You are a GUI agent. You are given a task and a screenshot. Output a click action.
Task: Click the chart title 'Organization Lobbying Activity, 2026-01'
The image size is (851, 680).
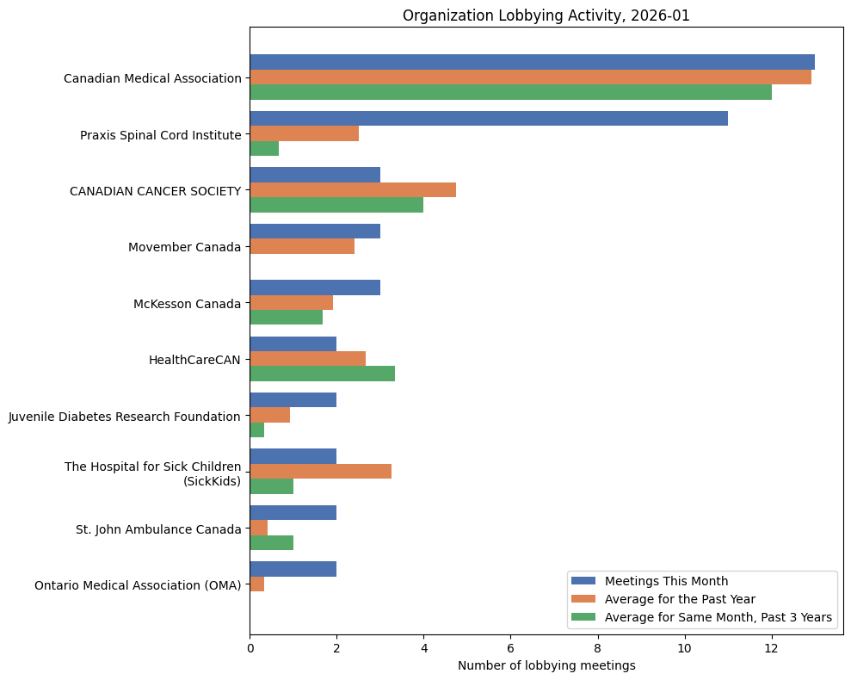pyautogui.click(x=546, y=15)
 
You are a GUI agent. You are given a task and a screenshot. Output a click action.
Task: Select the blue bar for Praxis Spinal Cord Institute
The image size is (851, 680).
pyautogui.click(x=489, y=119)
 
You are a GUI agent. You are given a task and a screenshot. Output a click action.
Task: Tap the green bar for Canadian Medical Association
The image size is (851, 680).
pyautogui.click(x=510, y=92)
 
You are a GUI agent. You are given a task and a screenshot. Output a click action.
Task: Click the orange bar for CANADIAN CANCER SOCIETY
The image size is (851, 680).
pyautogui.click(x=353, y=190)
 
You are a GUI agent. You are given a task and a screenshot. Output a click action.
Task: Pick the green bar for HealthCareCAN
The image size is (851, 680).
pyautogui.click(x=322, y=374)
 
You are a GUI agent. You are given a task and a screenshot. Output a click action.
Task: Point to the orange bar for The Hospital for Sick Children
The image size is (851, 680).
pyautogui.click(x=320, y=471)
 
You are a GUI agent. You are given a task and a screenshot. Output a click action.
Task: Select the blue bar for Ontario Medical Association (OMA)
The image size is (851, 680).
pyautogui.click(x=293, y=569)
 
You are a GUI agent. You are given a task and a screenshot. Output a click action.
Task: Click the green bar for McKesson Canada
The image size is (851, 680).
pyautogui.click(x=286, y=317)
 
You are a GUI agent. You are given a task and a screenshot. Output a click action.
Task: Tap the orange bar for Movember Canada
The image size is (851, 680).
pyautogui.click(x=302, y=246)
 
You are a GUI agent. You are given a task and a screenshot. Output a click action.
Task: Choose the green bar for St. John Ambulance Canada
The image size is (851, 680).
pyautogui.click(x=271, y=542)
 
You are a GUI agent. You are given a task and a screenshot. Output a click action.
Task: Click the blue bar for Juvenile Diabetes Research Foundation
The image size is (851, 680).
pyautogui.click(x=293, y=400)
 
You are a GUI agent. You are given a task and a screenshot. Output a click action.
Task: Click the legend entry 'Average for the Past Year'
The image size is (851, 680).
pyautogui.click(x=679, y=598)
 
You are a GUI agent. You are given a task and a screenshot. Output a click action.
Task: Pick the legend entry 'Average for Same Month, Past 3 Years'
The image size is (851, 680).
pyautogui.click(x=718, y=616)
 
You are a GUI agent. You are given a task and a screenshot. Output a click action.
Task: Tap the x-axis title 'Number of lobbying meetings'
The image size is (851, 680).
pyautogui.click(x=546, y=665)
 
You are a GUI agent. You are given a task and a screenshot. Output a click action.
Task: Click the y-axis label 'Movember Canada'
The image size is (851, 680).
pyautogui.click(x=184, y=247)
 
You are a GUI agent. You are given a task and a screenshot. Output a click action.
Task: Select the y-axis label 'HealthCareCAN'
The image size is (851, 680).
pyautogui.click(x=194, y=360)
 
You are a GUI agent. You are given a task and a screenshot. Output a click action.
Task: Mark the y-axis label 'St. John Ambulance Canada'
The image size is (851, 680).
pyautogui.click(x=158, y=529)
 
